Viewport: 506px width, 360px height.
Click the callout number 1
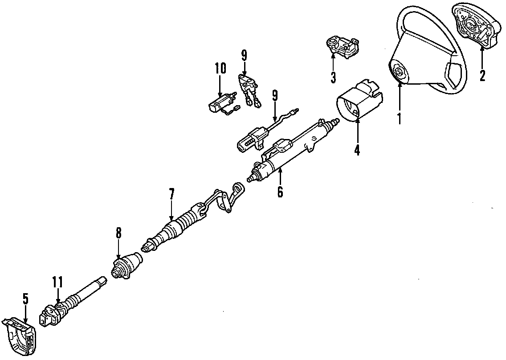tap(399, 119)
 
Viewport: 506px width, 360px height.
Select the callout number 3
tap(334, 78)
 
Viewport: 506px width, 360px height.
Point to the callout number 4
tap(357, 150)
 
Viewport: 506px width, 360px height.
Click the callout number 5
tap(25, 299)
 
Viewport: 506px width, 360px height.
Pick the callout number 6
tap(280, 192)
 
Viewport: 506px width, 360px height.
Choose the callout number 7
tap(172, 194)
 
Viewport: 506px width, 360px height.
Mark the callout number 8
tap(118, 233)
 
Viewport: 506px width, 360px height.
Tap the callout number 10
tap(220, 69)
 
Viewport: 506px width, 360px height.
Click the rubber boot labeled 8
tap(126, 266)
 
